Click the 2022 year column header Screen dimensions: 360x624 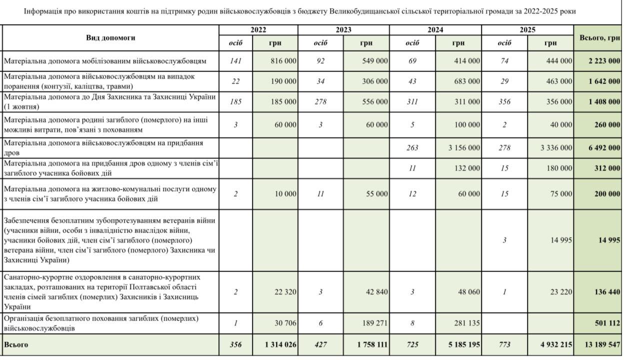258,30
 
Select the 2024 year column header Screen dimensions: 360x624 435,30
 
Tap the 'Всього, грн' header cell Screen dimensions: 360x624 599,37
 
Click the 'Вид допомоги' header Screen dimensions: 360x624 110,37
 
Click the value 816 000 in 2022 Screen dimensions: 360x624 283,61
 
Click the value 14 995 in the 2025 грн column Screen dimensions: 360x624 561,240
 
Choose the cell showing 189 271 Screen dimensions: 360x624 373,323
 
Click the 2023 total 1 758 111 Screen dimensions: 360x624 371,345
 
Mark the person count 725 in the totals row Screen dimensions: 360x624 412,345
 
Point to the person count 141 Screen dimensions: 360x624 235,61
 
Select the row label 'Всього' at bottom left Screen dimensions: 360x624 16,344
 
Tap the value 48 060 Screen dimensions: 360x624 468,292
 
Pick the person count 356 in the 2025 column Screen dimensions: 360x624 504,102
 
